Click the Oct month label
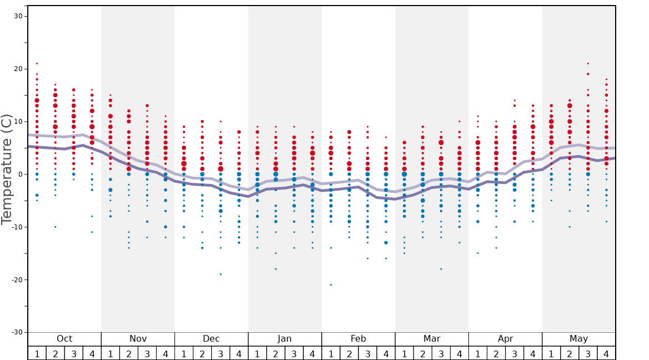coord(64,339)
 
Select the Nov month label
coord(138,339)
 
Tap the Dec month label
coord(211,339)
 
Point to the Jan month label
coord(284,339)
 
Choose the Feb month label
coord(358,339)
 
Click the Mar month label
coord(432,339)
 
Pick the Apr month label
coord(505,339)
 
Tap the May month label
coord(578,339)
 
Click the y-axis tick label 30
coord(18,16)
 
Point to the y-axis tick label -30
coord(16,332)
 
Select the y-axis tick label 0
coord(20,174)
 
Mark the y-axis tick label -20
coord(16,279)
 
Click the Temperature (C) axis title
coord(7,169)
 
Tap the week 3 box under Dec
coord(221,353)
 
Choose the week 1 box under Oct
coord(37,353)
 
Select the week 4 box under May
coord(606,353)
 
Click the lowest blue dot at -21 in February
coord(331,285)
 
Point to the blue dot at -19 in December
coord(221,274)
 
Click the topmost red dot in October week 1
coord(37,63)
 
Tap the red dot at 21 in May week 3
coord(588,63)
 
